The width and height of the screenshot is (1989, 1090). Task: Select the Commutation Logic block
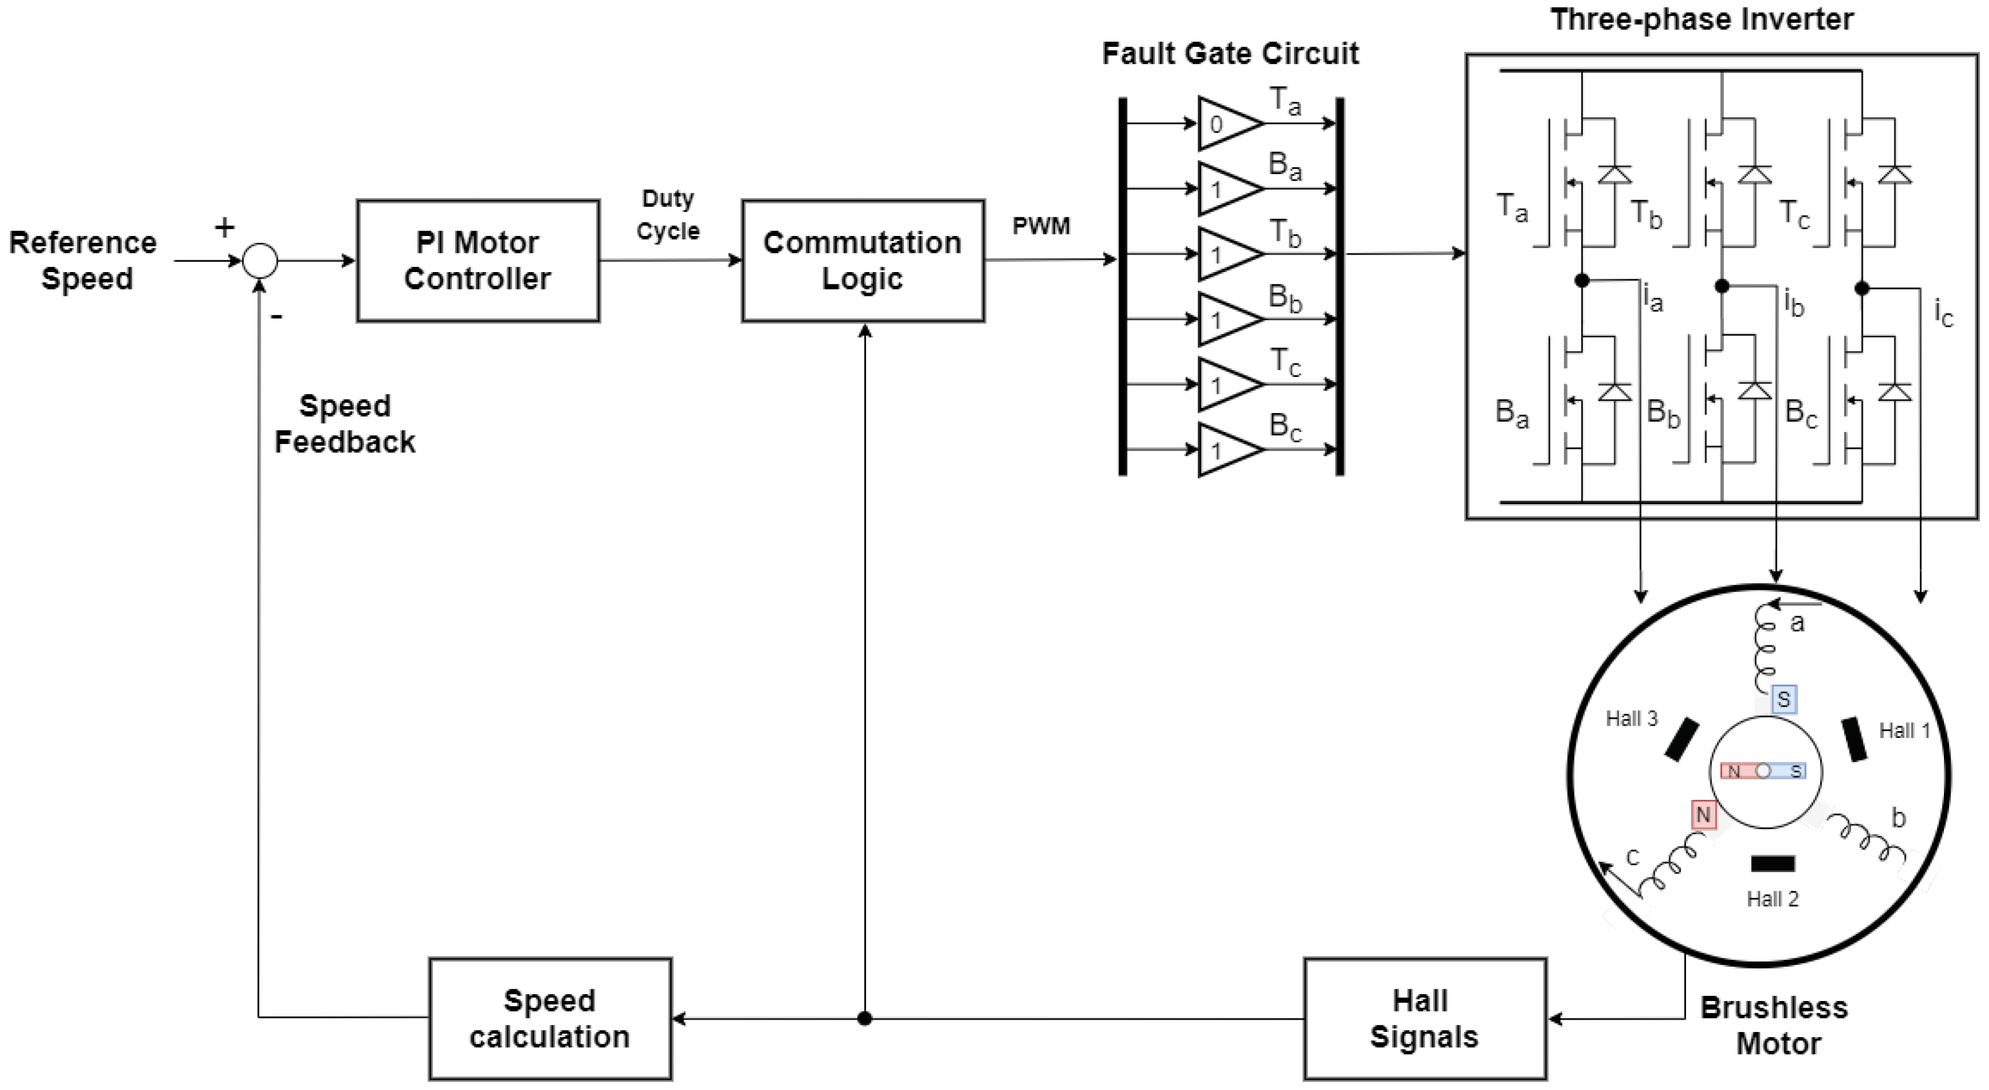coord(863,260)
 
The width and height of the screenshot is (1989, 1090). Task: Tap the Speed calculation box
coord(550,1018)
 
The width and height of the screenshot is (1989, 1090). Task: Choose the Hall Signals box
coord(1425,1018)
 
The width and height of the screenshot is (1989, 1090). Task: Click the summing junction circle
coord(260,260)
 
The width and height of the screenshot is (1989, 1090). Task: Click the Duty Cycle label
coord(668,215)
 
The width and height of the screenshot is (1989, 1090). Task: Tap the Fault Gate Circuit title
coord(1230,54)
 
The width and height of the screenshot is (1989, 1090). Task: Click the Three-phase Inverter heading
coord(1702,19)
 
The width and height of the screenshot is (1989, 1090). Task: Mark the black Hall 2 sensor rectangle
coord(1773,863)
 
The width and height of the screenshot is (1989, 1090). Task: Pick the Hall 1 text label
coord(1904,731)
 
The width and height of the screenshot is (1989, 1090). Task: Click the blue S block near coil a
coord(1783,700)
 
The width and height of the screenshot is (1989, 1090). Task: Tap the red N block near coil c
coord(1703,815)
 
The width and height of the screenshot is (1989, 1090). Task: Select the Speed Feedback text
coord(345,424)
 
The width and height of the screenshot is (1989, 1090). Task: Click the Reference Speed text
coord(83,260)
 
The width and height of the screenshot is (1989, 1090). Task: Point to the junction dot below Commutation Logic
coord(865,1018)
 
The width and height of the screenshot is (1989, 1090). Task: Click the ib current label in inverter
coord(1794,303)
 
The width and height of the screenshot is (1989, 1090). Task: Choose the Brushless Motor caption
coord(1774,1026)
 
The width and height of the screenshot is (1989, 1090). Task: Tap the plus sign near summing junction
coord(224,227)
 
